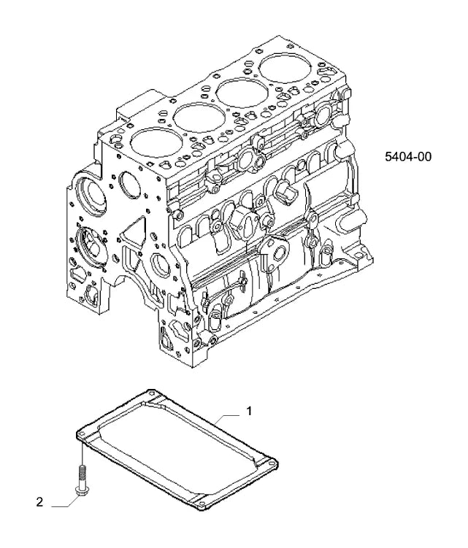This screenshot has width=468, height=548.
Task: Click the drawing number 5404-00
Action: click(408, 157)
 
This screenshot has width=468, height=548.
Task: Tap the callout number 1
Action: click(249, 411)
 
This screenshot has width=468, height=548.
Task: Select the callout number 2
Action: click(39, 502)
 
